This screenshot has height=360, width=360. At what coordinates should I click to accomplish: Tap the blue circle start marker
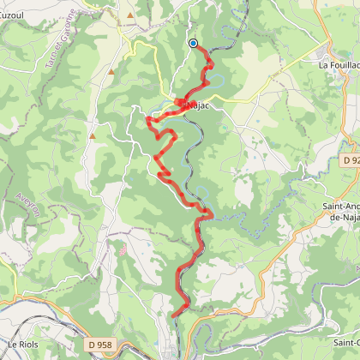[x=193, y=43]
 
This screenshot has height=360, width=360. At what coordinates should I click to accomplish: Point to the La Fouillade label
[x=338, y=64]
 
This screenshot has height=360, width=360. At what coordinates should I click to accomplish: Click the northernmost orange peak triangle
[x=130, y=15]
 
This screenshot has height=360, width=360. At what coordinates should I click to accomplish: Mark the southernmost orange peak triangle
[x=93, y=135]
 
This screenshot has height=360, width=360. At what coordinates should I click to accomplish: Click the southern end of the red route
[x=174, y=315]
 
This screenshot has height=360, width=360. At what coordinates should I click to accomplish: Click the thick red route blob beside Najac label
[x=181, y=103]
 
